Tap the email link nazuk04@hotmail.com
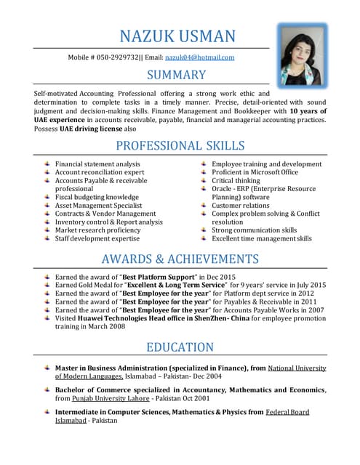[x=199, y=57]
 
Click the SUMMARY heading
[x=177, y=75]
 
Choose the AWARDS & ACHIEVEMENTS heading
[x=180, y=259]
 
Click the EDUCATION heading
[x=180, y=347]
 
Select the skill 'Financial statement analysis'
[x=97, y=164]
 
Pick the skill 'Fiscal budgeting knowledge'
[x=97, y=197]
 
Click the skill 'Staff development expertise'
[x=97, y=238]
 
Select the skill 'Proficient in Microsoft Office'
[x=255, y=172]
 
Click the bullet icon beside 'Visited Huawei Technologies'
[x=46, y=318]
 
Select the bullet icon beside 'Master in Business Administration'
[x=46, y=368]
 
